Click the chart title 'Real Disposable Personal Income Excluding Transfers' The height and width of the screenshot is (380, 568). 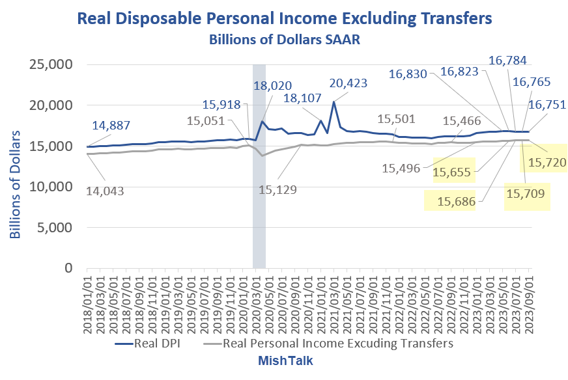pyautogui.click(x=284, y=18)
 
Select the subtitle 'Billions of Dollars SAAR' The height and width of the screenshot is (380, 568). pyautogui.click(x=285, y=40)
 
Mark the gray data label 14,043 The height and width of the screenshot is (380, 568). pyautogui.click(x=114, y=191)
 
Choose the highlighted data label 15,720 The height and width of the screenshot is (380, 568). pyautogui.click(x=546, y=162)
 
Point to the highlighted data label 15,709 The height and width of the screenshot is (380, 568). pyautogui.click(x=527, y=193)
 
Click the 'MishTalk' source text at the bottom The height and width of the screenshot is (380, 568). pyautogui.click(x=284, y=360)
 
